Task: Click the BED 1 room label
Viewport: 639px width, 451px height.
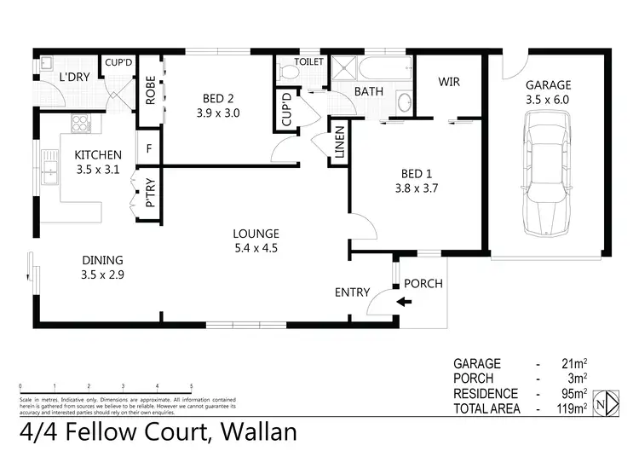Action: point(416,173)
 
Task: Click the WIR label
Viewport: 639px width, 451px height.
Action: point(449,82)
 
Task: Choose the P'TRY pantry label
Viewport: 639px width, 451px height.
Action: point(150,194)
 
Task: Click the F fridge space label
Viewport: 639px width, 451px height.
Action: point(150,147)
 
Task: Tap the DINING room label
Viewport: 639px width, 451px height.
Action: point(102,260)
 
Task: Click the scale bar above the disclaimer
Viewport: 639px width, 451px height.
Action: point(105,389)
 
